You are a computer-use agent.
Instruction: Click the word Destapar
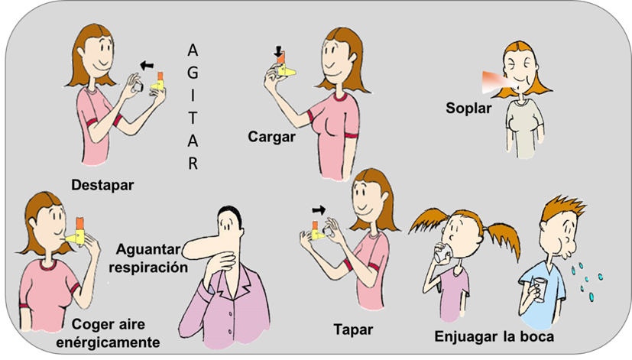point(102,185)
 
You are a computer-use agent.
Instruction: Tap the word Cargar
point(271,137)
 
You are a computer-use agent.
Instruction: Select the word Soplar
point(468,108)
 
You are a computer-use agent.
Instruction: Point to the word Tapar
point(353,329)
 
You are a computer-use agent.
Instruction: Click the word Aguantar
point(148,249)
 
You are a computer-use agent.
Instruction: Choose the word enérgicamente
point(108,342)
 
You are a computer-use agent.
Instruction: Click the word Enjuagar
point(466,336)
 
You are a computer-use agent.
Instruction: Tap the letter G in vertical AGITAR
point(193,73)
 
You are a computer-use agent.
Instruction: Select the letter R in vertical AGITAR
point(193,164)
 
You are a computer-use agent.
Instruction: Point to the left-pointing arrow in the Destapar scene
point(147,65)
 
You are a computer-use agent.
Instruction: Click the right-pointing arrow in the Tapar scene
point(319,209)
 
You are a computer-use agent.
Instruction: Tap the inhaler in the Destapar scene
point(157,83)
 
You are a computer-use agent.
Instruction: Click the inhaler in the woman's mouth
point(76,232)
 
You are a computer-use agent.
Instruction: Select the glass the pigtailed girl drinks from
point(442,252)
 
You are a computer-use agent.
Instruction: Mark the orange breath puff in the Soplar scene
point(496,82)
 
